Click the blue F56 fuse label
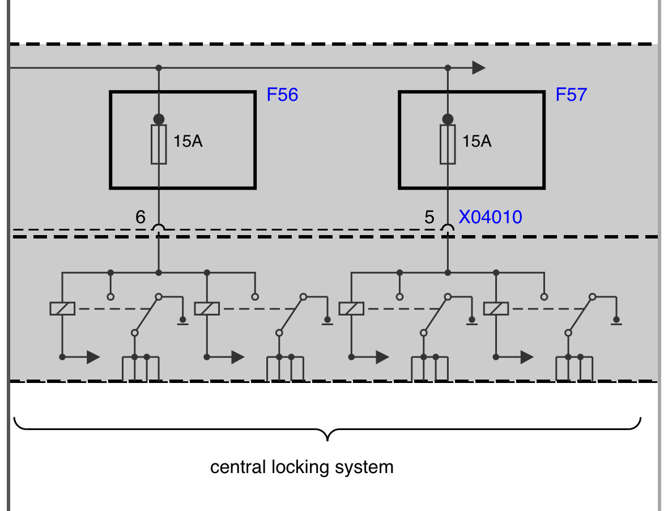pyautogui.click(x=282, y=95)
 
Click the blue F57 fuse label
pyautogui.click(x=571, y=95)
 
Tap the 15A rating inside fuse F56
pyautogui.click(x=188, y=141)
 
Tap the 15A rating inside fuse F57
pyautogui.click(x=476, y=141)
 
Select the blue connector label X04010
pyautogui.click(x=490, y=217)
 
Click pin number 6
pyautogui.click(x=140, y=217)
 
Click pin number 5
pyautogui.click(x=429, y=217)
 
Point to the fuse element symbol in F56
pyautogui.click(x=159, y=144)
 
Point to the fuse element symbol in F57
pyautogui.click(x=448, y=144)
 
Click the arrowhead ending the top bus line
pyautogui.click(x=479, y=68)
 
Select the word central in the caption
pyautogui.click(x=238, y=467)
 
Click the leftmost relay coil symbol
pyautogui.click(x=62, y=309)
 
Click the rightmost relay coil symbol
pyautogui.click(x=496, y=309)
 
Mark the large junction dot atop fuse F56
pyautogui.click(x=159, y=119)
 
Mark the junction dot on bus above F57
pyautogui.click(x=448, y=68)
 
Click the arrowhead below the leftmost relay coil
pyautogui.click(x=93, y=357)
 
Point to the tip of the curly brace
pyautogui.click(x=327, y=441)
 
